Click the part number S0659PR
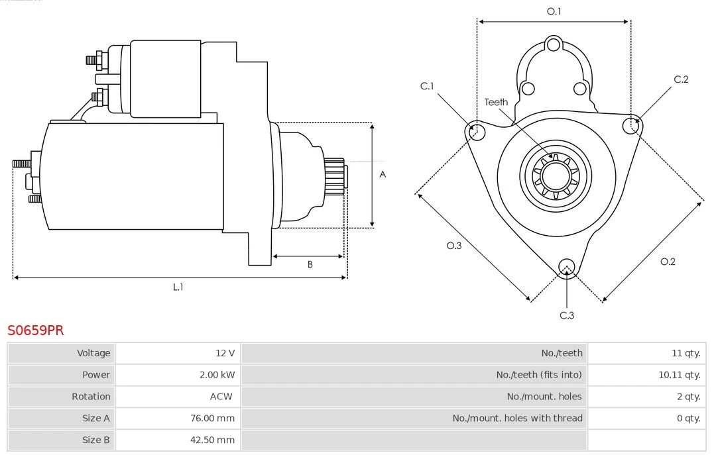(36, 330)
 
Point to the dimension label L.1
(178, 287)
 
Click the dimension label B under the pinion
(310, 264)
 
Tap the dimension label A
(383, 175)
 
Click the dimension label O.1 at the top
(554, 11)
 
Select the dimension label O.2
(668, 262)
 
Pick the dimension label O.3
(453, 246)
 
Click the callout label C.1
(427, 86)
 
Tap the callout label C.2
(681, 79)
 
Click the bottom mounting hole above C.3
(566, 266)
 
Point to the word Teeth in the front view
(496, 102)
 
